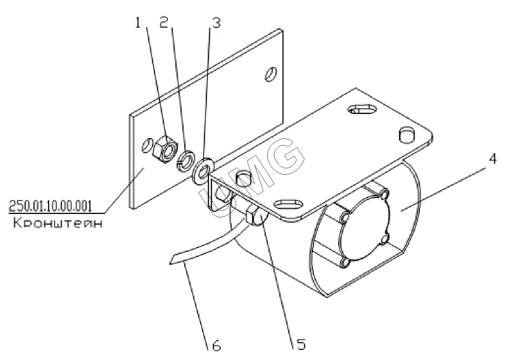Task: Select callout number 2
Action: [x=164, y=22]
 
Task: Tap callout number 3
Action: [x=216, y=23]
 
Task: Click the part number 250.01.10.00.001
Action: [x=50, y=206]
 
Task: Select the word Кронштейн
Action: [x=58, y=223]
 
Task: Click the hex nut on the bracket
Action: [x=165, y=149]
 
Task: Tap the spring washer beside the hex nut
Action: [x=186, y=161]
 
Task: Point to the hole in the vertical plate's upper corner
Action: [x=271, y=74]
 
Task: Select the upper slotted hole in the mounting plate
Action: [x=363, y=109]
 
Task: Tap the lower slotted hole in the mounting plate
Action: [x=289, y=204]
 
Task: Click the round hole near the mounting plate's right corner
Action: [x=407, y=135]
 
